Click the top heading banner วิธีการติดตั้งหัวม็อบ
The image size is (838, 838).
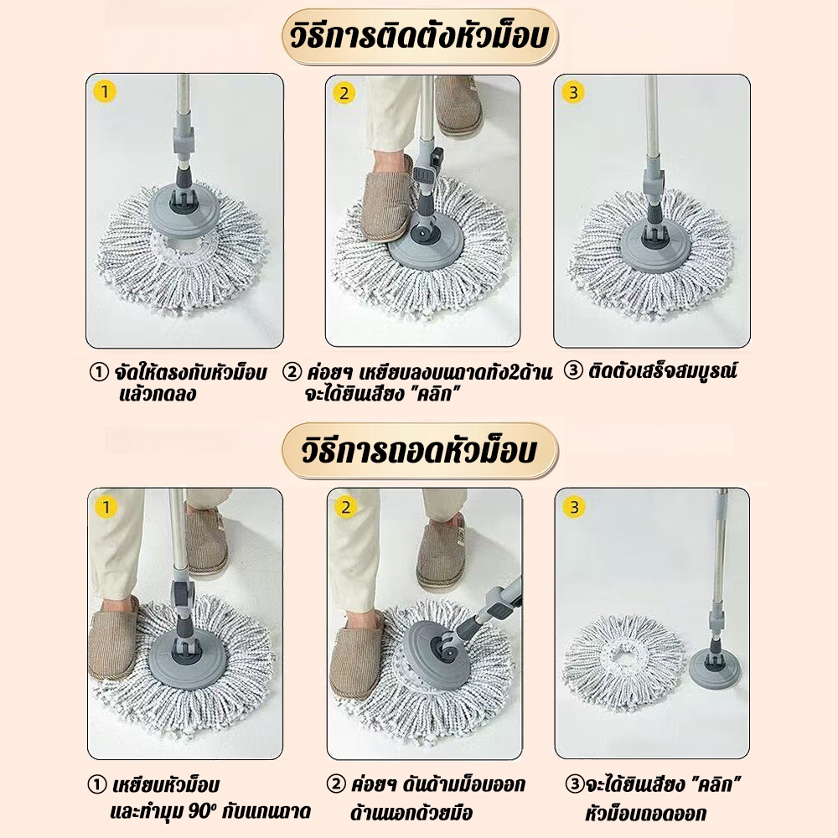[x=420, y=37]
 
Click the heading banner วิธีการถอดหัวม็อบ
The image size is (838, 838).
[x=420, y=451]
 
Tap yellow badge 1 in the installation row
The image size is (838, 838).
[x=105, y=92]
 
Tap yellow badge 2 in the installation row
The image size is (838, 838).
[x=344, y=93]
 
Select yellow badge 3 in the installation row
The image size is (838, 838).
[x=573, y=92]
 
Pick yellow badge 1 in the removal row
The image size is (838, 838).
[x=106, y=507]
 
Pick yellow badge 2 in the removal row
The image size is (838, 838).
[x=345, y=507]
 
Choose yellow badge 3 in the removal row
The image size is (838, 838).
[x=575, y=507]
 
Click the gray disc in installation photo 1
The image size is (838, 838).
[x=185, y=211]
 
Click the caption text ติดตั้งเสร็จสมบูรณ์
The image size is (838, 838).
[x=663, y=371]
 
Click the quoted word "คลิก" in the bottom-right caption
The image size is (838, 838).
[x=715, y=784]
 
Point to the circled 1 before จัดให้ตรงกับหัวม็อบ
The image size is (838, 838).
[x=99, y=373]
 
